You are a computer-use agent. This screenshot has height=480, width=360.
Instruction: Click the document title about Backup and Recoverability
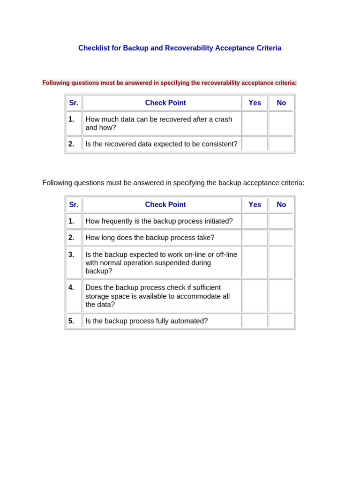tap(180, 48)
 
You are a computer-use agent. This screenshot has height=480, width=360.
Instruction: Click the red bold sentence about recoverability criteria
tap(169, 83)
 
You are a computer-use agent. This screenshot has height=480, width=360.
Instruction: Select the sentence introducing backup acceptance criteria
tap(173, 183)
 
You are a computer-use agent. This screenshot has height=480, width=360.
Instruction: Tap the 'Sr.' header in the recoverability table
tap(74, 103)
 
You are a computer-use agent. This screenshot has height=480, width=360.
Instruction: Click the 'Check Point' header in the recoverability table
tap(165, 103)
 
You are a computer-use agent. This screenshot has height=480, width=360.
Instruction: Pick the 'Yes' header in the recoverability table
tap(255, 103)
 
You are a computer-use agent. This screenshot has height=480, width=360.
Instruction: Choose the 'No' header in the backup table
tap(281, 205)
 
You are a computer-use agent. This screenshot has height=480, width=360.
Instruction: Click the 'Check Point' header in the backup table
tap(165, 205)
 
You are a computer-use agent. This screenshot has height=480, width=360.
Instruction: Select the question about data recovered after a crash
tap(158, 123)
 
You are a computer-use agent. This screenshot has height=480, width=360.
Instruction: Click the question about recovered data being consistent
tap(161, 144)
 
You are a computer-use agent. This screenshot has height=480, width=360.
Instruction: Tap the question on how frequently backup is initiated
tap(159, 221)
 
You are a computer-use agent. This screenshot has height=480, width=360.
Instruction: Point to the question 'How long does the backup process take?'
tap(150, 238)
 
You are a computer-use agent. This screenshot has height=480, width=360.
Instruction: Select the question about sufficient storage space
tap(157, 296)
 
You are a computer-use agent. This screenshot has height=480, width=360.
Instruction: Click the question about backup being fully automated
tap(146, 321)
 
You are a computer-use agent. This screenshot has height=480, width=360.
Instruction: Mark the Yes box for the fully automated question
tap(255, 321)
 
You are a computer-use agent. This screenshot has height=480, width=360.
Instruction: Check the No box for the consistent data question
tap(281, 144)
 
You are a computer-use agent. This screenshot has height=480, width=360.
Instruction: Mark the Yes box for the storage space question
tap(255, 296)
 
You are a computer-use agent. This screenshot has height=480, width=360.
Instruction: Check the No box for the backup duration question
tap(281, 238)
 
